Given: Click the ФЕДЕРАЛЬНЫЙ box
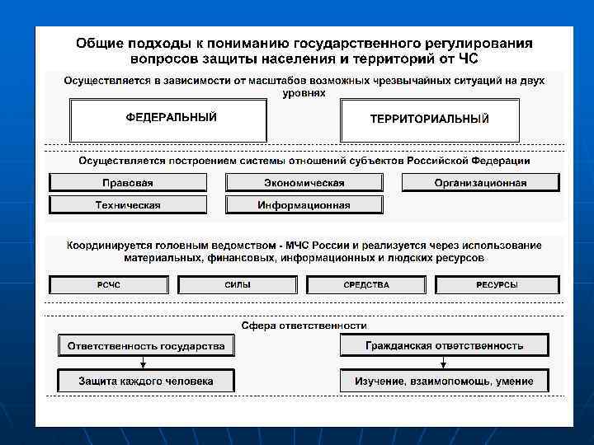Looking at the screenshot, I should [x=169, y=120].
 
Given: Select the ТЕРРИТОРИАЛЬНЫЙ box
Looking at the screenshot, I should [x=429, y=120].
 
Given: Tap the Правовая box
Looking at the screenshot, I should [x=128, y=183].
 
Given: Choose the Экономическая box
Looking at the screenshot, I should [x=304, y=183].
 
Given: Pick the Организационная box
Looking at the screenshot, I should [x=480, y=183].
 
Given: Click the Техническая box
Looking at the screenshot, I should [x=128, y=205].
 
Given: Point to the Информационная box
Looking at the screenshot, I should [x=304, y=205].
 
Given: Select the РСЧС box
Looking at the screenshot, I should [x=109, y=285].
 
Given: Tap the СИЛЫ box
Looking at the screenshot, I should [x=238, y=285].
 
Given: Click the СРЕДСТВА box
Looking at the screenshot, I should [x=366, y=285].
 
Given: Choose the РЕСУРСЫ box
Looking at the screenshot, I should [x=497, y=285].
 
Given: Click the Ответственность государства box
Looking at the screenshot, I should [x=146, y=346].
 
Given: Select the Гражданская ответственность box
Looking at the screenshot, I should [x=445, y=345].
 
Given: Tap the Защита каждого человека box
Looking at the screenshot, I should [x=146, y=381].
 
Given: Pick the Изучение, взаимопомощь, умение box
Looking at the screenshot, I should [x=445, y=381].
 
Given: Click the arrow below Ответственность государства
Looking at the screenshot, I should [x=144, y=363].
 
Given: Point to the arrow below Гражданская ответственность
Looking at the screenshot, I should [x=444, y=363].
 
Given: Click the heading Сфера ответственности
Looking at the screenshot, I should [x=304, y=326].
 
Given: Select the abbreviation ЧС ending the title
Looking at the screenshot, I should [x=467, y=59].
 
